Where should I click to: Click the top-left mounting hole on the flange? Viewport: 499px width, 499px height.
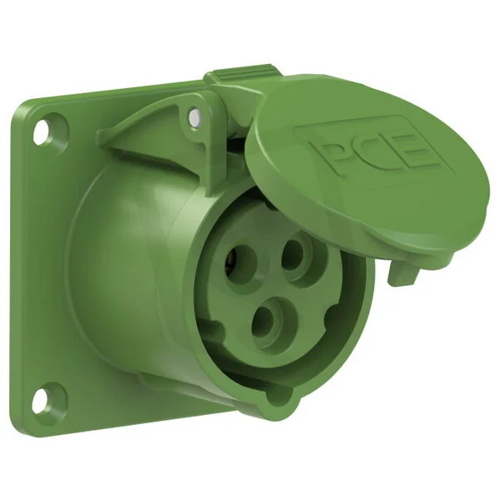tap(42, 130)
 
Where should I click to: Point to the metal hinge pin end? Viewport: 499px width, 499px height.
tap(194, 116)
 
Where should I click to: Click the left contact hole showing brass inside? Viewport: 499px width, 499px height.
tap(239, 263)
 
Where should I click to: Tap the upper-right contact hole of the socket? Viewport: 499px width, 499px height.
tap(294, 256)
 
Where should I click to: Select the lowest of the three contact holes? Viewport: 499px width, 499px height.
tap(266, 322)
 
